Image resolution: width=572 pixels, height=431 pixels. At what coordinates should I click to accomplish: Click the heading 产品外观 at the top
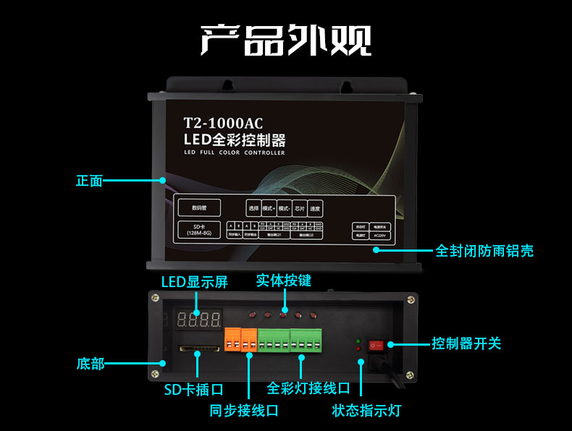285,40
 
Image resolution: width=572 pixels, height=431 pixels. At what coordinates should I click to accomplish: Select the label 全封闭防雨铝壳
484,251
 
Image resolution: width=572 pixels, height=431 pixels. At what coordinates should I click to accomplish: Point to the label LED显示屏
194,282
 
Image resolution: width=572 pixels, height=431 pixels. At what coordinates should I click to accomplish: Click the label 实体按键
283,280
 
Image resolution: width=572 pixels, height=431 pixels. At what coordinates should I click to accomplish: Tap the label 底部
91,363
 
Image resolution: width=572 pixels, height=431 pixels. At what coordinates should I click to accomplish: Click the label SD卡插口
193,390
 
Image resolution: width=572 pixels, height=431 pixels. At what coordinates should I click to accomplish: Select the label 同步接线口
244,411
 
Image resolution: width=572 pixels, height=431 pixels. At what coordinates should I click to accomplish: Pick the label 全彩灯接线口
308,388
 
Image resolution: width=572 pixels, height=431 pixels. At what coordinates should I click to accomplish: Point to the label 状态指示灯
366,411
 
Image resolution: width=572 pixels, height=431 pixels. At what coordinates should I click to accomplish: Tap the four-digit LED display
199,319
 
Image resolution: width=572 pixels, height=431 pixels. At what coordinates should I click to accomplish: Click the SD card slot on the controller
199,349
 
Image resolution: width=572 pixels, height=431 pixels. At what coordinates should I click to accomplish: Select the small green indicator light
358,340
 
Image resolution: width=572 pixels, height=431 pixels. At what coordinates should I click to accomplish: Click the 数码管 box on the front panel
199,208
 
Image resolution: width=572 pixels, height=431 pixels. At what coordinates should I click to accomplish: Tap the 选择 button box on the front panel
253,208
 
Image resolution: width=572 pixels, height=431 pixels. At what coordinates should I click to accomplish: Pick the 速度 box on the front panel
315,208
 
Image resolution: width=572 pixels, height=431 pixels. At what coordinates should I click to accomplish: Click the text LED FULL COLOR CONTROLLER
234,153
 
